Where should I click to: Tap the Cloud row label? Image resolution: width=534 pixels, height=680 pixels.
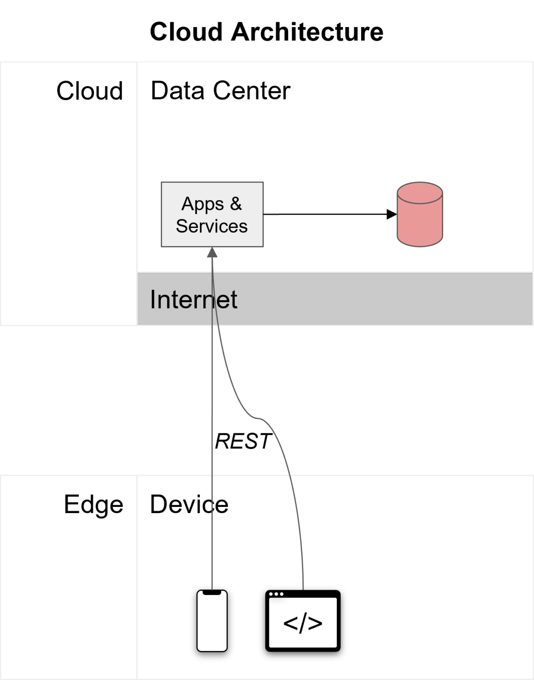(90, 91)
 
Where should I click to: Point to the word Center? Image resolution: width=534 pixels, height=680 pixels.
(252, 91)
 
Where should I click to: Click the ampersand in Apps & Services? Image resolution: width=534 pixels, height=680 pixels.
(236, 204)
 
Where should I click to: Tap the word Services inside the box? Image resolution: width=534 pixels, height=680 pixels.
(211, 226)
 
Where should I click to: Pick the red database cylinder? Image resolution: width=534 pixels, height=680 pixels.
(419, 215)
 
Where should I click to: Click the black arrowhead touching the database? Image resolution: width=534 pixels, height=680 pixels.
(391, 214)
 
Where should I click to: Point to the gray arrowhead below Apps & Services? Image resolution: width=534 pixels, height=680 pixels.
(212, 252)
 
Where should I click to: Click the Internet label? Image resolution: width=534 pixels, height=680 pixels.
(193, 299)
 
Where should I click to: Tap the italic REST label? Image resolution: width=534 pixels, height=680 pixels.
(243, 441)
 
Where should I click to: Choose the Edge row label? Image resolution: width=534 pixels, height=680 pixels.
(94, 504)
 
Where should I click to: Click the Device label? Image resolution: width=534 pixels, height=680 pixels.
(189, 504)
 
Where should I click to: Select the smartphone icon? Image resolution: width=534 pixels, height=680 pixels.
(212, 621)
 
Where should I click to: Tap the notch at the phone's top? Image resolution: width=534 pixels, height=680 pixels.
(212, 592)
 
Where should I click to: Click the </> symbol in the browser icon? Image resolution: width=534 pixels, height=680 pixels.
(303, 624)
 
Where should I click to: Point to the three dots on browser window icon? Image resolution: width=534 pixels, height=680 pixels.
(276, 594)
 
